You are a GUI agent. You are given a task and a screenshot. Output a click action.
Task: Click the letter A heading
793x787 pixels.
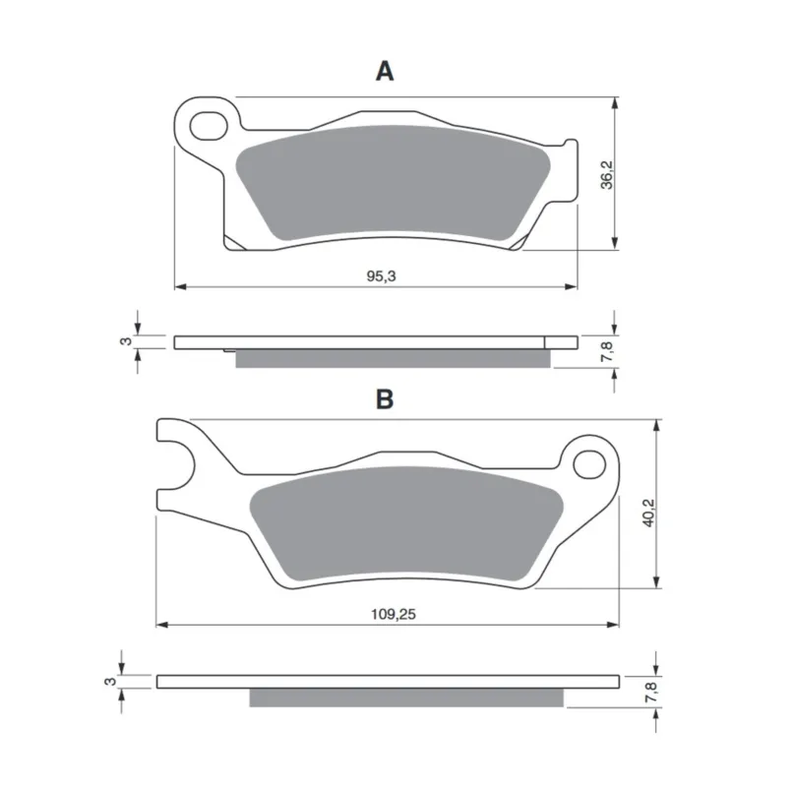[385, 71]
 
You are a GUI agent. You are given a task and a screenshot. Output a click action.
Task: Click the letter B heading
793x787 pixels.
[385, 399]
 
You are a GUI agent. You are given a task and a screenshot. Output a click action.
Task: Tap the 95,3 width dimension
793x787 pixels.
[382, 276]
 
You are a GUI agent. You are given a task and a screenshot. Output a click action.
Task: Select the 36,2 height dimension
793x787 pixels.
[606, 174]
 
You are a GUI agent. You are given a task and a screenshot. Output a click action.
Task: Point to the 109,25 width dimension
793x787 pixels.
[394, 614]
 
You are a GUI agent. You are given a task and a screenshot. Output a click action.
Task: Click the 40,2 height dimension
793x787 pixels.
[648, 513]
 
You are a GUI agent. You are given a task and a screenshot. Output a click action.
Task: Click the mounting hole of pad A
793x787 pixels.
[209, 127]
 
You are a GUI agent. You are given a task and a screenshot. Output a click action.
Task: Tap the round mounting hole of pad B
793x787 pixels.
[589, 464]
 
